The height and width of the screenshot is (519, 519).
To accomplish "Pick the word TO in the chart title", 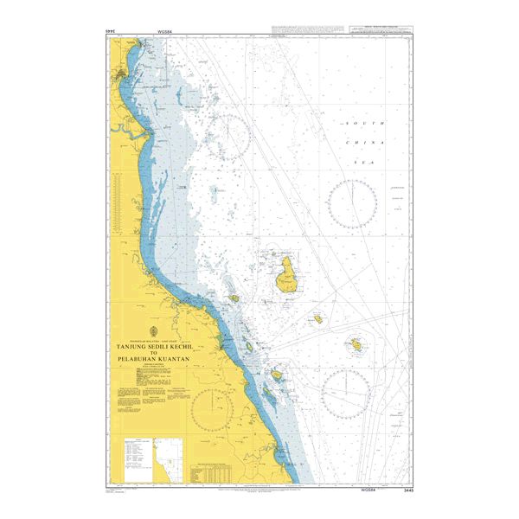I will tap(153, 352).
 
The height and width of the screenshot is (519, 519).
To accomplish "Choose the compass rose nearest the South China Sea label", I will tap(352, 204).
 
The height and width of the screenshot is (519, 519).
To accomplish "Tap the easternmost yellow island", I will tap(356, 346).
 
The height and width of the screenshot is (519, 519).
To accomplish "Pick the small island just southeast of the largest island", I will tap(318, 319).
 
